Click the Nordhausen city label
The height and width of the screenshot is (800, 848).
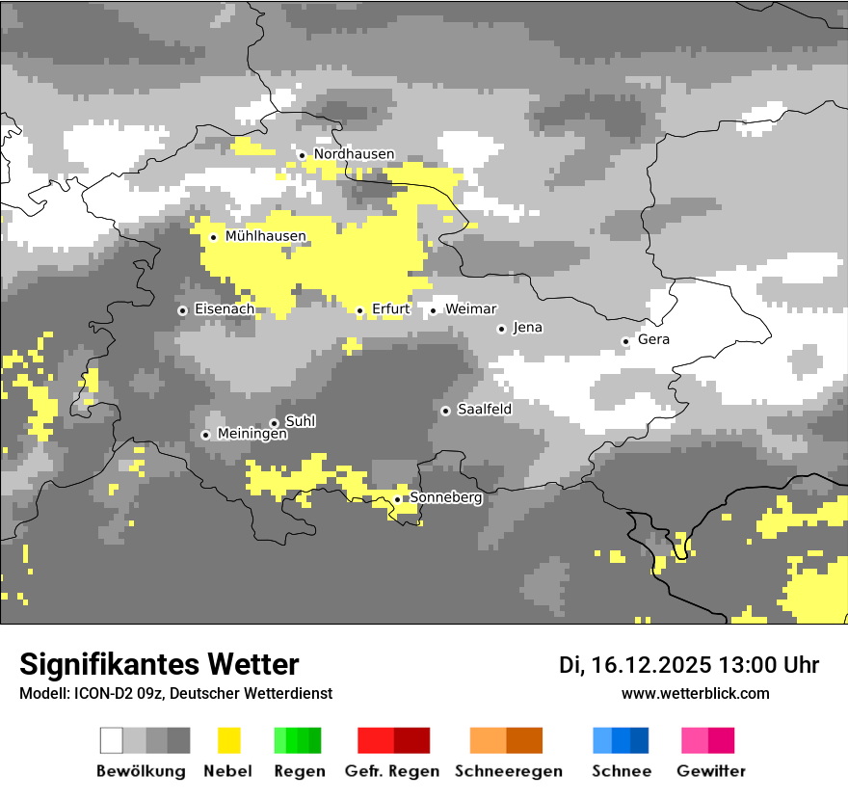[x=354, y=154]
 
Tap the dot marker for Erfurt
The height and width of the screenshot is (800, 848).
[x=359, y=310]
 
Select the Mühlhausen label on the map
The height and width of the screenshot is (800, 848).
[x=265, y=236]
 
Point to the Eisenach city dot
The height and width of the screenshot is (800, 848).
[x=182, y=310]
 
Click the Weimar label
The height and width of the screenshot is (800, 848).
[x=470, y=309]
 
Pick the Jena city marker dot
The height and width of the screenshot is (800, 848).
[x=501, y=329]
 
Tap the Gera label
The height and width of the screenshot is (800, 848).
[x=653, y=340]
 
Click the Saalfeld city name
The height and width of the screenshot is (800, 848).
[x=484, y=410]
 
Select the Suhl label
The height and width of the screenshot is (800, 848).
[x=300, y=421]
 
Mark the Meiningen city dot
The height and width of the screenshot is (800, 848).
[x=205, y=435]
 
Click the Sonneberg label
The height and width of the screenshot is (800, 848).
[x=446, y=498]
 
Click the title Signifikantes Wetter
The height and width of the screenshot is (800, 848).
[x=159, y=665]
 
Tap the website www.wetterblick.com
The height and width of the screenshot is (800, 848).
[x=695, y=693]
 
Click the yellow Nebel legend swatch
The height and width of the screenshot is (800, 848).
[x=228, y=740]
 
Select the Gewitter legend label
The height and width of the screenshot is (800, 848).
[x=710, y=771]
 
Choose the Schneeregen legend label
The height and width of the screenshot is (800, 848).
[x=508, y=771]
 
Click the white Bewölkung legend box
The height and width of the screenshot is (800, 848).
[x=112, y=740]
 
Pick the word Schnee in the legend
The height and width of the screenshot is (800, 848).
[x=621, y=771]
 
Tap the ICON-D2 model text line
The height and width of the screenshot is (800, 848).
[x=175, y=693]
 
